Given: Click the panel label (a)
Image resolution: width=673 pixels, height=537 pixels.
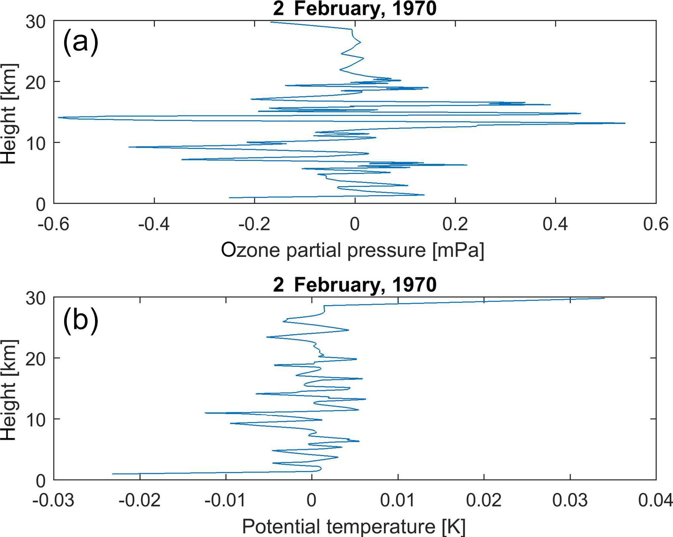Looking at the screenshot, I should click(81, 42).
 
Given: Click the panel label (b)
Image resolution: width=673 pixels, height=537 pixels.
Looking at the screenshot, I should click(81, 320).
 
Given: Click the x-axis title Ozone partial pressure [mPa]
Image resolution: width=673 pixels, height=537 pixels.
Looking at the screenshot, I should click(352, 250).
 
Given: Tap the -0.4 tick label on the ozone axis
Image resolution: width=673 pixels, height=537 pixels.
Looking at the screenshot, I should click(154, 224).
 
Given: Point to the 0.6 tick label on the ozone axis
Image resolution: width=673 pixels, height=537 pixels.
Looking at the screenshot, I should click(655, 224).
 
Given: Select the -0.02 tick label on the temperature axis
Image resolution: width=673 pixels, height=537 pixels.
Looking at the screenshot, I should click(139, 500).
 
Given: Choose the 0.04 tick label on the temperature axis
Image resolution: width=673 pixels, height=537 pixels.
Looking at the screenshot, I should click(655, 500).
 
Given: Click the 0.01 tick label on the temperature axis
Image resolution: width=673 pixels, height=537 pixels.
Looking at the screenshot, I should click(397, 500).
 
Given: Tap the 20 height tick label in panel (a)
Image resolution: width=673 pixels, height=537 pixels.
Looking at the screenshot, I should click(35, 82).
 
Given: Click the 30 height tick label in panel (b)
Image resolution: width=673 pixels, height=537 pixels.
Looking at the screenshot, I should click(35, 298).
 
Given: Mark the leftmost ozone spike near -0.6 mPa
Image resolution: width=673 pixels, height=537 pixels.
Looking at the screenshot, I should click(59, 117).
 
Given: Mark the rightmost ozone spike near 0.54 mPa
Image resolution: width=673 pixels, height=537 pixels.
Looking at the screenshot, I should click(625, 123).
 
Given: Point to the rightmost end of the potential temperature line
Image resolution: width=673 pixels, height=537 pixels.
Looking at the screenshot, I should click(604, 298).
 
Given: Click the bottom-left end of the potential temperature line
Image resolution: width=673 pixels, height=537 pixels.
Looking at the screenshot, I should click(113, 474).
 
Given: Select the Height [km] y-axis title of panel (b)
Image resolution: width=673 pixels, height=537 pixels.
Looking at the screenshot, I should click(9, 390).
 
